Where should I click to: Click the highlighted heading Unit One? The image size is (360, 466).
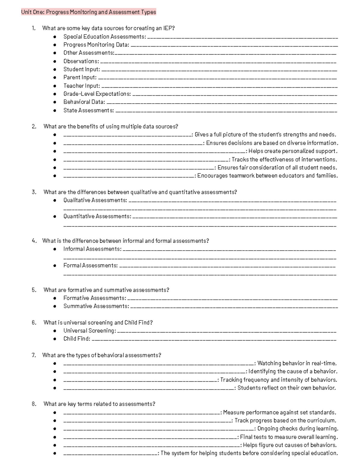[88, 12]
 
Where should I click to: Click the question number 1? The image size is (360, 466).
[34, 28]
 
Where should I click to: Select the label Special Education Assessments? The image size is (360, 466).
[104, 37]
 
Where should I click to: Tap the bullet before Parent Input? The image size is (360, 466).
[55, 77]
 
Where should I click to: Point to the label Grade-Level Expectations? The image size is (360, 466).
[97, 94]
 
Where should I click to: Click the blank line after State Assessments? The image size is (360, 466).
[226, 111]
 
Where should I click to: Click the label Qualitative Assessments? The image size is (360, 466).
[95, 200]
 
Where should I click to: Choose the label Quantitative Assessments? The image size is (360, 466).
[97, 216]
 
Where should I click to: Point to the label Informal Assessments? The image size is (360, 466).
[92, 249]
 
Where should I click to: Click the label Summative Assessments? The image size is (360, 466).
[96, 306]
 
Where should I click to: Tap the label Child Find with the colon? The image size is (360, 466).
[76, 339]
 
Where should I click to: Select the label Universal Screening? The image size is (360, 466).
[89, 331]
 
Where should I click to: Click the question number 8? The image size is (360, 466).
[34, 404]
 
